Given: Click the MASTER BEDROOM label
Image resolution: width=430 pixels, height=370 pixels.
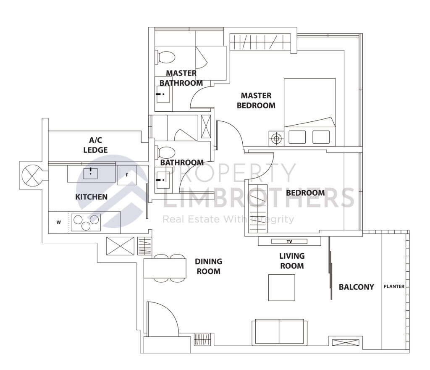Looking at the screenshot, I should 256,101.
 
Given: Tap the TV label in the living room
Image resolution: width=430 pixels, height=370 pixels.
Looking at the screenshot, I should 289,241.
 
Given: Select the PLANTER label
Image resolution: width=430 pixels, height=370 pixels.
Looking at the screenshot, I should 394,287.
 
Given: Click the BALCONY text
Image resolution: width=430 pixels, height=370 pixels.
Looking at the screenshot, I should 356,287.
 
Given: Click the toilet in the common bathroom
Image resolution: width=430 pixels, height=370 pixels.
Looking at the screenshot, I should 164,152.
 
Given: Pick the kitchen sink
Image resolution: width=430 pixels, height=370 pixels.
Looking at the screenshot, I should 91,172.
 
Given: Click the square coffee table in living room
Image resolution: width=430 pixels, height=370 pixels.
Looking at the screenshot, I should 281,287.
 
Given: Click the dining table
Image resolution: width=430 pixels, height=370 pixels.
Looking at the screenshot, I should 165,268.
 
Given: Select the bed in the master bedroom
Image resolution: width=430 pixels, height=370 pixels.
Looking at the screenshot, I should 310,111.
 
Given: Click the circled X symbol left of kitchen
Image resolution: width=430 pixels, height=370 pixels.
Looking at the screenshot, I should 32,175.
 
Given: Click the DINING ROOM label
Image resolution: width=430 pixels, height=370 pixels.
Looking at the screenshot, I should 208,266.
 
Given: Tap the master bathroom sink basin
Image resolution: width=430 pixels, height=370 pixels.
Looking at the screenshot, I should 163,94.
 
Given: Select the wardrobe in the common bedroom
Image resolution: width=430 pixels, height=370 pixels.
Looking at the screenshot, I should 256,208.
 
